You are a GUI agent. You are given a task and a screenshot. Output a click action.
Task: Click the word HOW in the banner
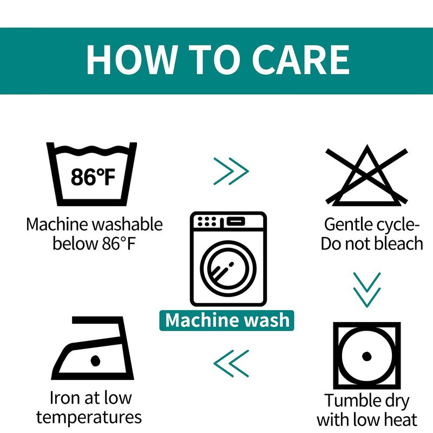pyautogui.click(x=132, y=60)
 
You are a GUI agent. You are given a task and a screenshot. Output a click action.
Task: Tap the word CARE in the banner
pyautogui.click(x=301, y=60)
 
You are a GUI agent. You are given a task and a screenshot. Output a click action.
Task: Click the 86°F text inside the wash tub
pyautogui.click(x=93, y=177)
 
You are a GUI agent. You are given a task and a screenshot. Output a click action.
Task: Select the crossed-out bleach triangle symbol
pyautogui.click(x=367, y=175)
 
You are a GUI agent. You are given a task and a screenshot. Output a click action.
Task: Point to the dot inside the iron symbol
pyautogui.click(x=95, y=360)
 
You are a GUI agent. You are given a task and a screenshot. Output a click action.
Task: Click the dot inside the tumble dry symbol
pyautogui.click(x=366, y=356)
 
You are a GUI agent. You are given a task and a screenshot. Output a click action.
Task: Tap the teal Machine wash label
pyautogui.click(x=227, y=320)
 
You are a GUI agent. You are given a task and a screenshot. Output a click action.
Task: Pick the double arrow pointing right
pyautogui.click(x=232, y=171)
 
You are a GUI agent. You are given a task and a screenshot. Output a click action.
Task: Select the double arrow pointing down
pyautogui.click(x=367, y=290)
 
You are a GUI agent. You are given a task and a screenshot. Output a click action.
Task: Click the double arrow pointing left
pyautogui.click(x=232, y=363)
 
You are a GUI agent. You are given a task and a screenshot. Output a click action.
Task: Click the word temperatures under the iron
pyautogui.click(x=89, y=417)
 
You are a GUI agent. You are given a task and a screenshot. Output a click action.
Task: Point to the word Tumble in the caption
pyautogui.click(x=348, y=401)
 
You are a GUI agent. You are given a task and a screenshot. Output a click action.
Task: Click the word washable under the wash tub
pyautogui.click(x=127, y=224)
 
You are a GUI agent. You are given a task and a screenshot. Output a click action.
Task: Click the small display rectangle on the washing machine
pyautogui.click(x=236, y=221)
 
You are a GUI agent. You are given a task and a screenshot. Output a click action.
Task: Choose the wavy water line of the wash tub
pyautogui.click(x=91, y=149)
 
